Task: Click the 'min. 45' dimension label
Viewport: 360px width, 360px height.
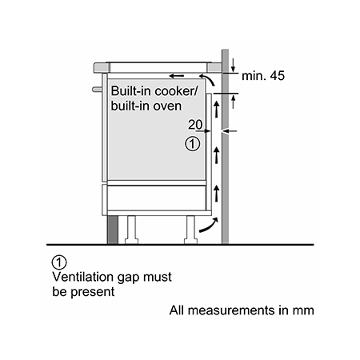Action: (263, 76)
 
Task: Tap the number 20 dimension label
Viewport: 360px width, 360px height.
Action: (195, 125)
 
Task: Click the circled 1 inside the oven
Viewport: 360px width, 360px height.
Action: (192, 144)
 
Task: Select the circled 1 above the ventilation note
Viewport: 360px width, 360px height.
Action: (59, 262)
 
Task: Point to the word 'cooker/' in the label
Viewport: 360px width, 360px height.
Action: (176, 91)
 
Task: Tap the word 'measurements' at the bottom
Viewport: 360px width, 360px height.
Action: (231, 310)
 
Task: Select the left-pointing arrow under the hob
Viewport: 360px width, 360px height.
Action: (177, 76)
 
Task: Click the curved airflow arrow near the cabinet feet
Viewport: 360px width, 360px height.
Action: (209, 226)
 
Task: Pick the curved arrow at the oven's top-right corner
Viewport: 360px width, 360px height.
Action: (207, 80)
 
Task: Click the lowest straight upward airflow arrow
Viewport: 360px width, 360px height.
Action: (216, 194)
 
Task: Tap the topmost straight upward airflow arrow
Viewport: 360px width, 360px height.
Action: (216, 110)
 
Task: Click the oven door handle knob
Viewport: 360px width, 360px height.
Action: (97, 90)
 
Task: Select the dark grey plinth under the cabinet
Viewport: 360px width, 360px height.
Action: (112, 230)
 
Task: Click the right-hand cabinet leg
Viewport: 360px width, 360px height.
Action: (190, 230)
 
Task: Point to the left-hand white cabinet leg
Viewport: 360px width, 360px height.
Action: (131, 230)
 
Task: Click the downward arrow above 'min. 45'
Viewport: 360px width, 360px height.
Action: (233, 65)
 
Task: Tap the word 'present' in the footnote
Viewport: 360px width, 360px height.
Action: (93, 292)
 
